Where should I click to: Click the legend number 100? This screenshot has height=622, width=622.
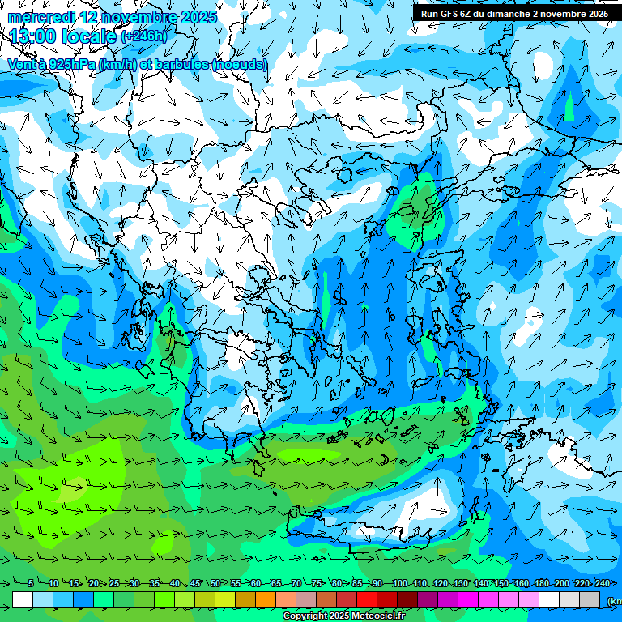399,583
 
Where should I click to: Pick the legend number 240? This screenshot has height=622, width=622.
602,583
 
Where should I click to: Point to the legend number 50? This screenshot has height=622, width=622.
215,583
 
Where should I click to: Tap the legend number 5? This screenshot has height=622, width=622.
31,583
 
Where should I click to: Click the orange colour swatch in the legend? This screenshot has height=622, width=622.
266,600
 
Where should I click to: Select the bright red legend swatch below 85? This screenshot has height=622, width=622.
367,600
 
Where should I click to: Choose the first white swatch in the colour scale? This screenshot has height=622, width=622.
23,600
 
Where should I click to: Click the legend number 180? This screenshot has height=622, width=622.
541,583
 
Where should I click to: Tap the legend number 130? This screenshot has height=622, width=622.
460,583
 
